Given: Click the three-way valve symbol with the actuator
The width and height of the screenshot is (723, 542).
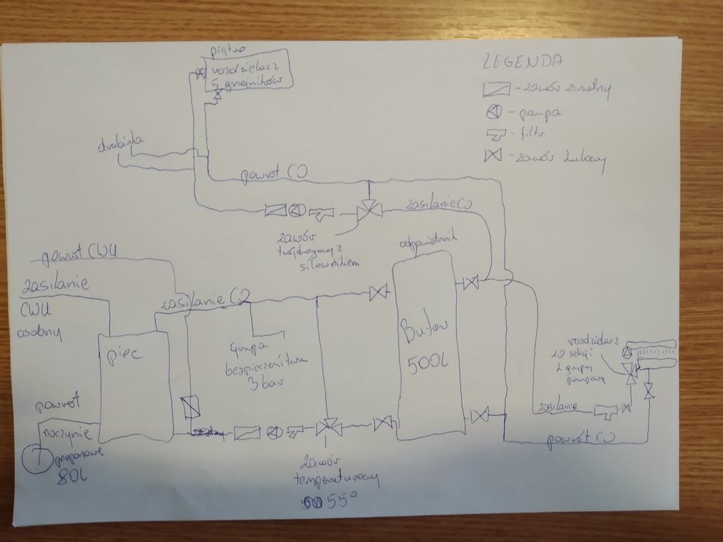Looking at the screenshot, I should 368,212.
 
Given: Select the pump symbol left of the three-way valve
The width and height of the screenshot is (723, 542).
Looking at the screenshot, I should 296,211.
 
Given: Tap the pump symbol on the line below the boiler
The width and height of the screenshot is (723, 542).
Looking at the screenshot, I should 273,431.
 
